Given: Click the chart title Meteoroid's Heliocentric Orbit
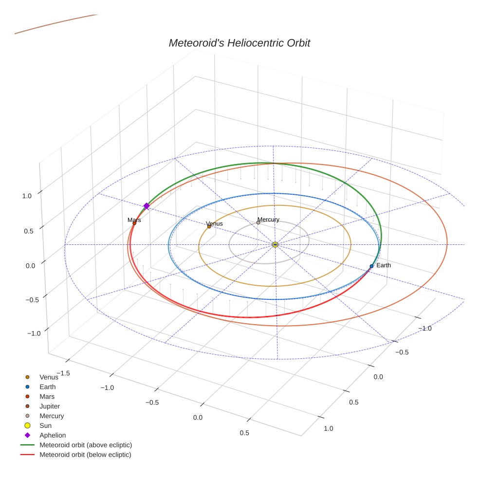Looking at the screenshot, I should pos(239,43).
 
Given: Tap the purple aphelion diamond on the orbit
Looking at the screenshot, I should pos(146,206).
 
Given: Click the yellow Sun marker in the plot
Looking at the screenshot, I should pos(275,244).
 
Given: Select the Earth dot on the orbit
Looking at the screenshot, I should pos(371,266).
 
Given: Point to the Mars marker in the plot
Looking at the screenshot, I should pos(134,223).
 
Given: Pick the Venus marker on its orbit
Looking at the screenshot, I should pos(209,226).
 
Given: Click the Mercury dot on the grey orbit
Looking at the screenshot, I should pos(258,222).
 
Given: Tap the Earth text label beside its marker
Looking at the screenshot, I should pos(384,265).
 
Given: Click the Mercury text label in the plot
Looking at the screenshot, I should pos(268,220).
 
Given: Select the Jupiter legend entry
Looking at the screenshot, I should pos(50,406).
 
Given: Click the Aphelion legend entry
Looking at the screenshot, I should pos(53,435).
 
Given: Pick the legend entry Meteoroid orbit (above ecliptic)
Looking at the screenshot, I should pos(86,445).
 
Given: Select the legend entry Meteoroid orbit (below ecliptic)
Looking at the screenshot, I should pos(85,455).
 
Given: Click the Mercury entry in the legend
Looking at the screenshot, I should pos(52,416).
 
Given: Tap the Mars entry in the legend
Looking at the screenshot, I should pos(47,396).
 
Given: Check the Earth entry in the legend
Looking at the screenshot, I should pos(48,387).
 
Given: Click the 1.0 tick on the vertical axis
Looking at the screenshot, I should pos(27,196).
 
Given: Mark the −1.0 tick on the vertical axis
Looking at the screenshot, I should pos(34,333).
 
